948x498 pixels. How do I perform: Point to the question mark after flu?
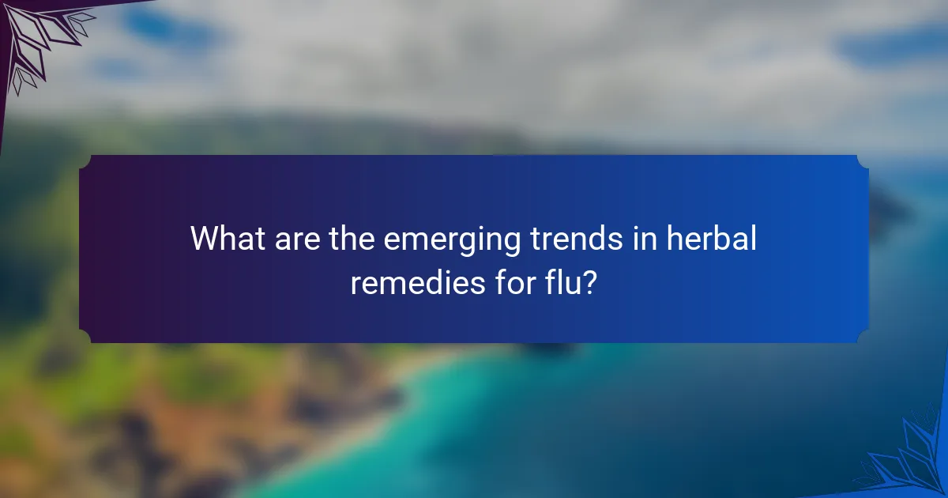coord(586,282)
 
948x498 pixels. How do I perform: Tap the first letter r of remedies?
coord(355,284)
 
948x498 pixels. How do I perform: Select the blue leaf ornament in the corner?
coord(908,462)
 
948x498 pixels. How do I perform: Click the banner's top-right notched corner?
coord(863,160)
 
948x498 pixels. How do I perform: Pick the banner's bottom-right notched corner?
coord(863,337)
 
